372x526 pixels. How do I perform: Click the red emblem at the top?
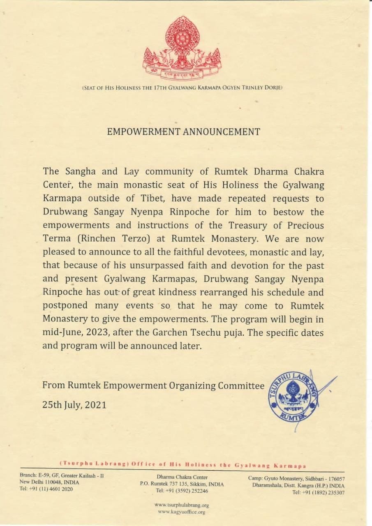[182, 48]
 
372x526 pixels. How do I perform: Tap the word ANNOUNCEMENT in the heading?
[222, 132]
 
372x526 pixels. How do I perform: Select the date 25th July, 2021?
[74, 405]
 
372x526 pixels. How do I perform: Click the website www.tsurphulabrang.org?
[182, 505]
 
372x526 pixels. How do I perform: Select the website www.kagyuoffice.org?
[182, 512]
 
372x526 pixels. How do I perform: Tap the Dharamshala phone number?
[319, 492]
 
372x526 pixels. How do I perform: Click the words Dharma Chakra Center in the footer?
[182, 477]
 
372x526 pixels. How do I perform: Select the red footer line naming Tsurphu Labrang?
[183, 465]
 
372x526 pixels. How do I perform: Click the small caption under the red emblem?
[182, 88]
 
